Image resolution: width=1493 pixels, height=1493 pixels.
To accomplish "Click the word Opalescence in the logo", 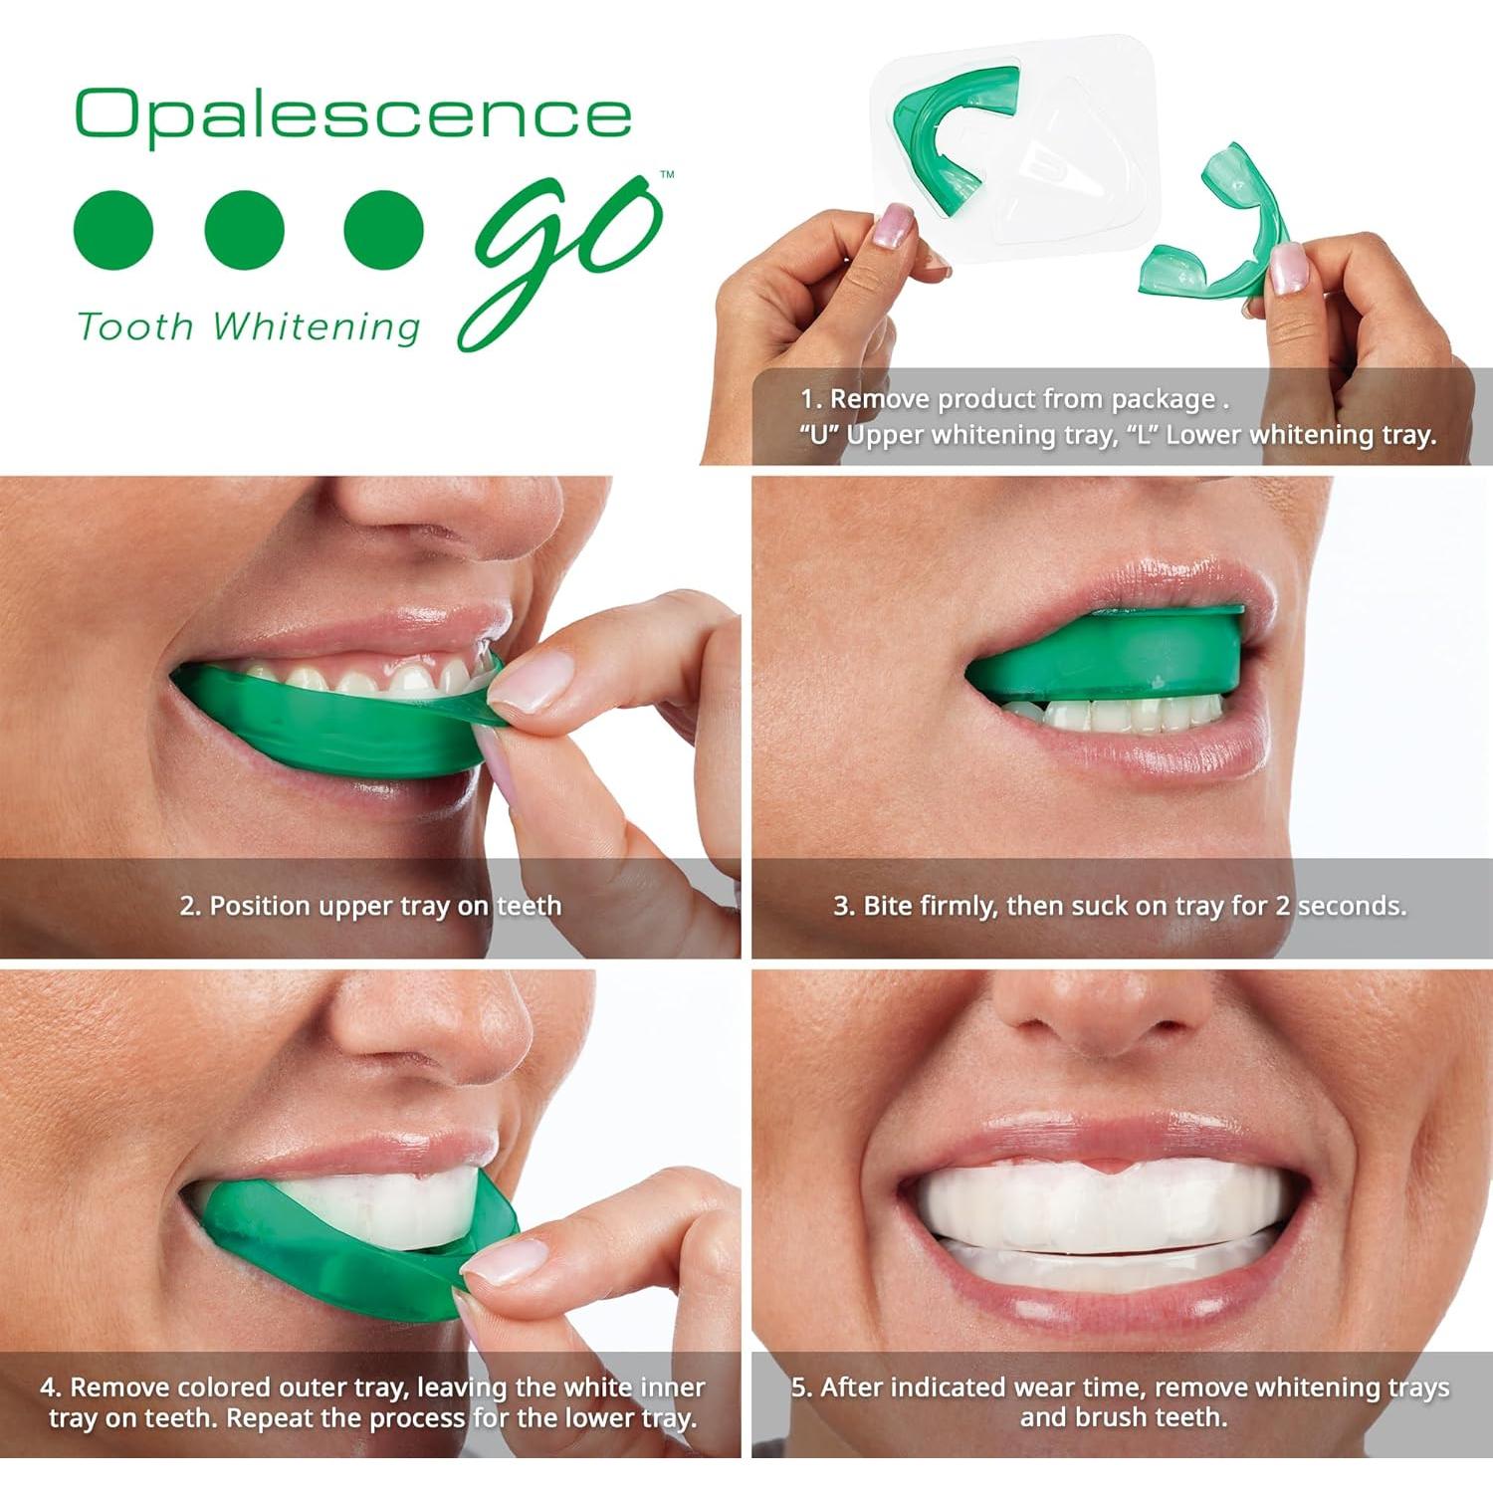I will pyautogui.click(x=353, y=114).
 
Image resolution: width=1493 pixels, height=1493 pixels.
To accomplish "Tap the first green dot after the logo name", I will pyautogui.click(x=114, y=230).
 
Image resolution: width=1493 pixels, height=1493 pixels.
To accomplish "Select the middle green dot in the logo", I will pyautogui.click(x=245, y=230).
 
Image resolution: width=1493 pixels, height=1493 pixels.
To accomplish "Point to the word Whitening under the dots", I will pyautogui.click(x=317, y=326).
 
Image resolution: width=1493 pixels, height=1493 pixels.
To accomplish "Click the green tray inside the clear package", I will pyautogui.click(x=946, y=139).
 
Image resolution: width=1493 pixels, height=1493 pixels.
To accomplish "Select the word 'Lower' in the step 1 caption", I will pyautogui.click(x=1202, y=435).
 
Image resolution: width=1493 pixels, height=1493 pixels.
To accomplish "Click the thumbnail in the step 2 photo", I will pyautogui.click(x=528, y=687).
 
